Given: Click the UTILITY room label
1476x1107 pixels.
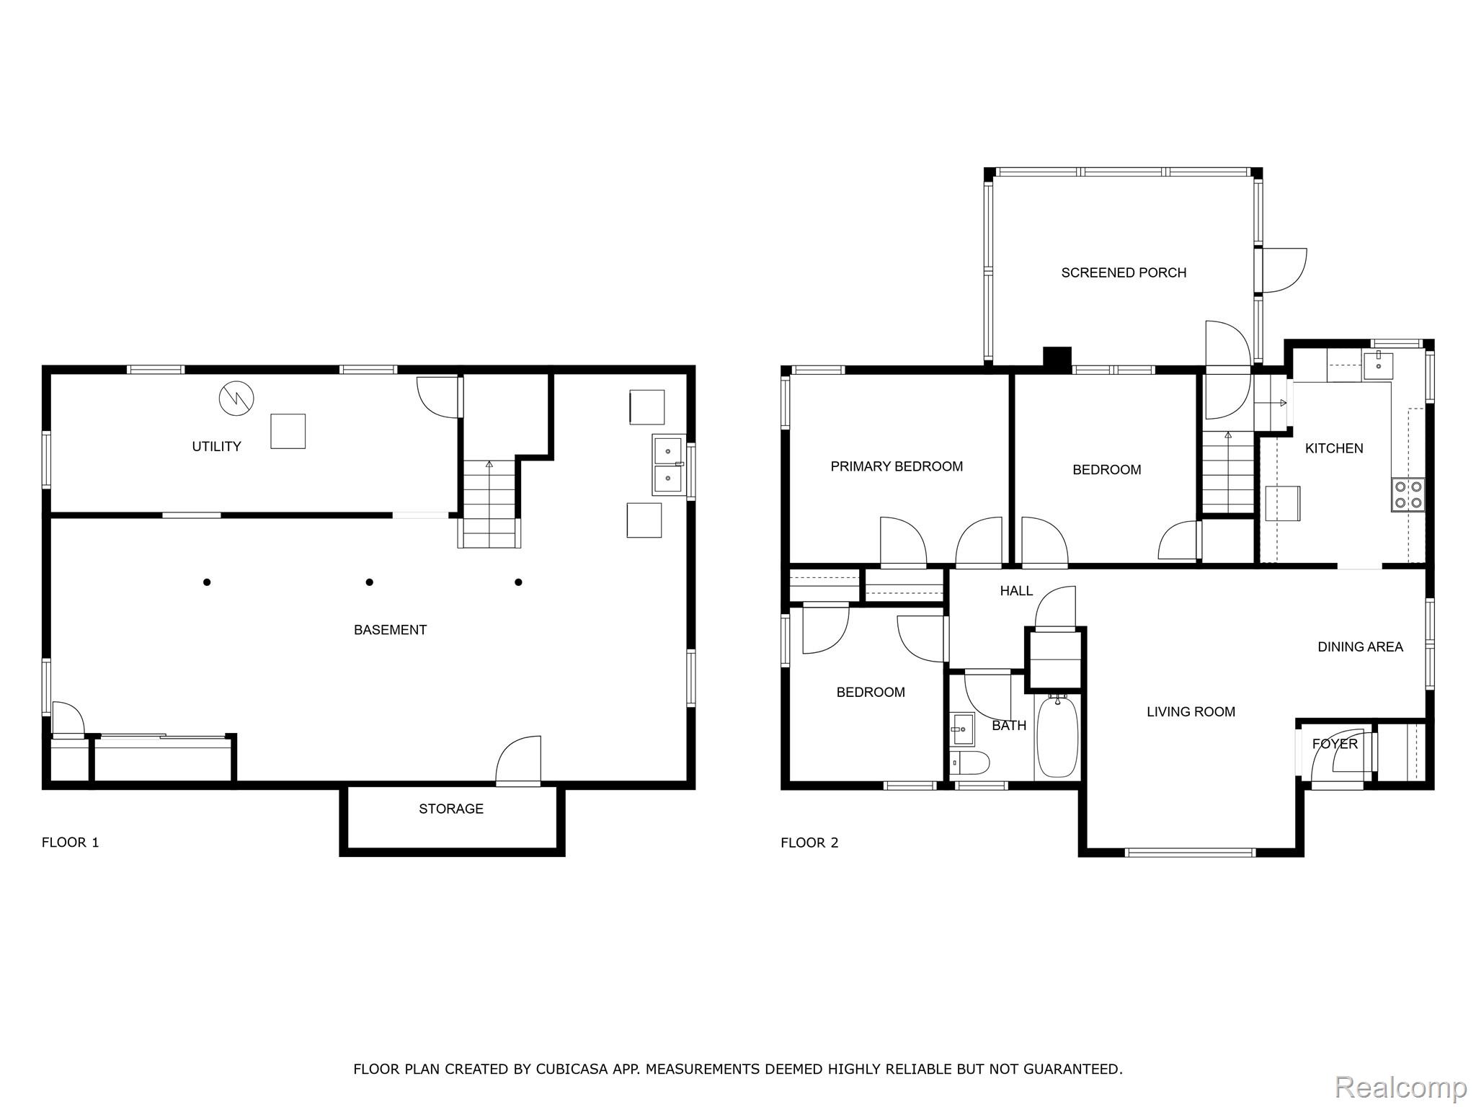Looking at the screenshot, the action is pyautogui.click(x=216, y=447).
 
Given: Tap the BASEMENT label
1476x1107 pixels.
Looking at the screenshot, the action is pyautogui.click(x=390, y=630).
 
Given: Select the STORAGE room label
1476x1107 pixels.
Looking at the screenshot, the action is pyautogui.click(x=451, y=809).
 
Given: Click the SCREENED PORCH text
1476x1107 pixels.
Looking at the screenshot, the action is pyautogui.click(x=1124, y=272).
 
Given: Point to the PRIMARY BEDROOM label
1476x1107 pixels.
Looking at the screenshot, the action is pyautogui.click(x=897, y=466).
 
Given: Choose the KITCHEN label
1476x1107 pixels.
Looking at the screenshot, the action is pyautogui.click(x=1334, y=448).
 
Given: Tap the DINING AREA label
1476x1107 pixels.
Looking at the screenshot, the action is pyautogui.click(x=1360, y=647).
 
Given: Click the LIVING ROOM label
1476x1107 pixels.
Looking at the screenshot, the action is pyautogui.click(x=1191, y=712).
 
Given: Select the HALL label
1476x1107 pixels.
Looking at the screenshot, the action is pyautogui.click(x=1016, y=591).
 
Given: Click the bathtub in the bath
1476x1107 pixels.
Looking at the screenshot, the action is pyautogui.click(x=1057, y=736).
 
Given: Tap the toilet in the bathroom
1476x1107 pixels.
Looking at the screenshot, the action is pyautogui.click(x=969, y=762).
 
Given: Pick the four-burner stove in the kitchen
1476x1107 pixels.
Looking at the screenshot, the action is pyautogui.click(x=1408, y=494).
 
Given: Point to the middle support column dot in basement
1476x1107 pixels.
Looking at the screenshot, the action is pyautogui.click(x=369, y=582).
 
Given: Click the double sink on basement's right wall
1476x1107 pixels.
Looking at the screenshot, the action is pyautogui.click(x=668, y=464).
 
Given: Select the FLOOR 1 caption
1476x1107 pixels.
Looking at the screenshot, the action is pyautogui.click(x=70, y=843).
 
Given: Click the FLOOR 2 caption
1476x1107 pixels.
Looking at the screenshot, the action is pyautogui.click(x=809, y=843).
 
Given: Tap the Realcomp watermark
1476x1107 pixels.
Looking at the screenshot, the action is pyautogui.click(x=1401, y=1087).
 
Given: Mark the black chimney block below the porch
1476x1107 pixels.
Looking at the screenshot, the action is pyautogui.click(x=1057, y=360).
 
